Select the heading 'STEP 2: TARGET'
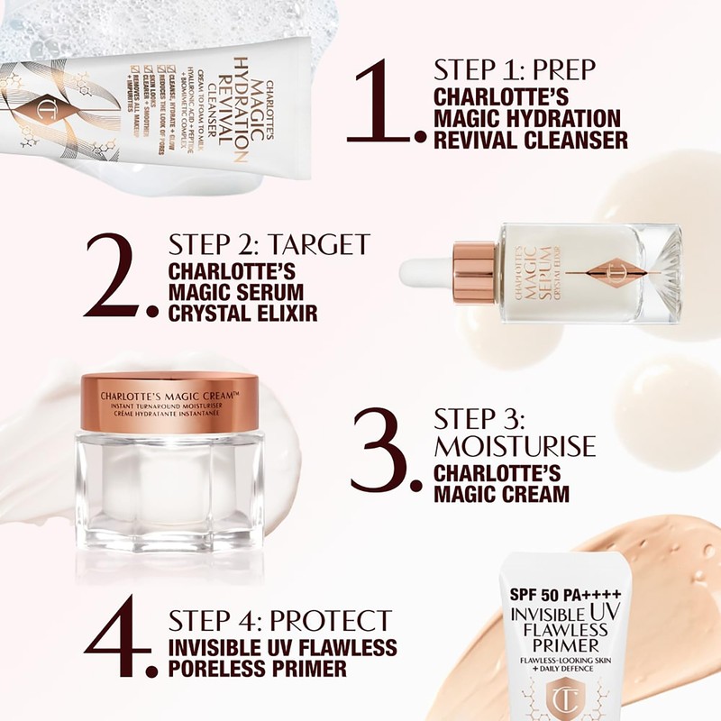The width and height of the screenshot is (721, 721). tap(269, 245)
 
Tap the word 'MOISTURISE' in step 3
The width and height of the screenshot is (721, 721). tap(515, 445)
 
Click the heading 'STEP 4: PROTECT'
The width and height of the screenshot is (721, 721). tap(280, 620)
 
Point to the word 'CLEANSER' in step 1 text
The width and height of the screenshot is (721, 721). tap(576, 140)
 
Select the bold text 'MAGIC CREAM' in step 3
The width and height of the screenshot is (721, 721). tap(502, 494)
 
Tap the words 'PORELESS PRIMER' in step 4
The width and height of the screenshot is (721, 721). tap(257, 669)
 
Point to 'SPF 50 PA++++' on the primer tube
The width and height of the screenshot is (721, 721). tap(563, 598)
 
